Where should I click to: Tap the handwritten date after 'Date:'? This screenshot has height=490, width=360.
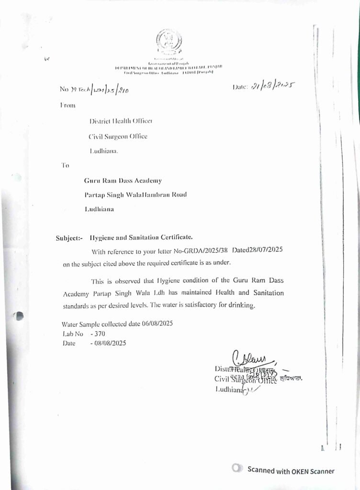click(x=271, y=87)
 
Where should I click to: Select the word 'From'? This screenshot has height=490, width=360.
click(x=68, y=105)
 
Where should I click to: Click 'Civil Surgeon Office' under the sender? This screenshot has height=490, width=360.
click(x=118, y=136)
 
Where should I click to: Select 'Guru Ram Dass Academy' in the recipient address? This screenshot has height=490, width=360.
click(x=123, y=180)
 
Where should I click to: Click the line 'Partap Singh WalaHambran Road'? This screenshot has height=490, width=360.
click(x=135, y=194)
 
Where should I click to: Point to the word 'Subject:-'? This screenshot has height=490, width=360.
click(x=69, y=237)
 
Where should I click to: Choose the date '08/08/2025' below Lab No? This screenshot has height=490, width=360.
click(x=111, y=343)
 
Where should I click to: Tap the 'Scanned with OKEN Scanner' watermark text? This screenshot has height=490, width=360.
click(x=291, y=471)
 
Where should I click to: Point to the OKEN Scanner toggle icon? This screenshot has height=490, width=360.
click(x=237, y=468)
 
